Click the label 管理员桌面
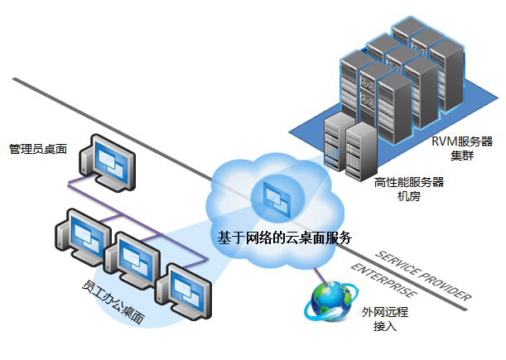click(37, 149)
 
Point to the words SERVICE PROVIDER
click(422, 274)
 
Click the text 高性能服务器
click(409, 182)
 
